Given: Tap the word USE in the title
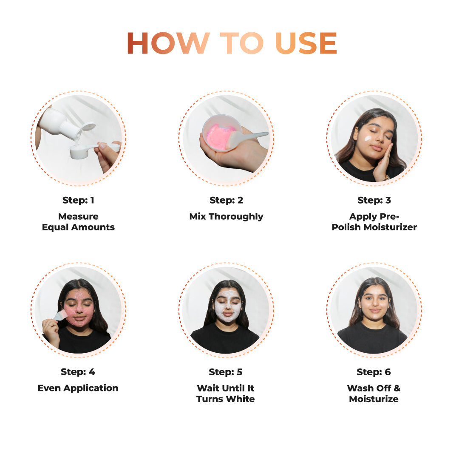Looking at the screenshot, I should [306, 43].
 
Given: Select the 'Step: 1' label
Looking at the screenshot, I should [78, 200].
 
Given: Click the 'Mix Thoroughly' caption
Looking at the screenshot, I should [226, 216].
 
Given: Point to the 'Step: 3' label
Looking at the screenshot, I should [374, 200].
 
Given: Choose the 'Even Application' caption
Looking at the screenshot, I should [78, 388].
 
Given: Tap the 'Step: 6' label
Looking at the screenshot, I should [374, 372].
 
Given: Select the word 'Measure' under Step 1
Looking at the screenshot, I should [78, 216].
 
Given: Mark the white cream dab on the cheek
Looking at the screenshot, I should [368, 138].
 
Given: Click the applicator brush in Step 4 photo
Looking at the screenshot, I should [60, 315].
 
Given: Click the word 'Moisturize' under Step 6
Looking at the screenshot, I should [374, 399].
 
